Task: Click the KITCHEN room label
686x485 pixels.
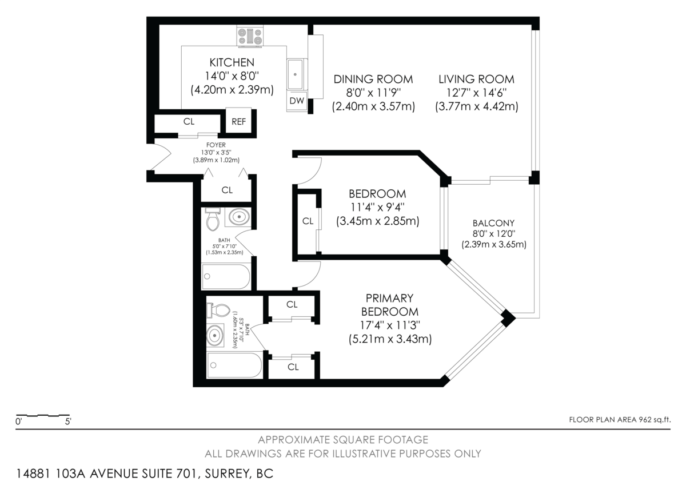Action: (232, 62)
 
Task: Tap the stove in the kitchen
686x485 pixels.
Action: (250, 37)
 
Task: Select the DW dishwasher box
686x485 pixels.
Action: (297, 101)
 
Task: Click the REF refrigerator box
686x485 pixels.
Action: (238, 122)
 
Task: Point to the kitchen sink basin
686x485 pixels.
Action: (295, 74)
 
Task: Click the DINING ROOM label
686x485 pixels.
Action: (373, 79)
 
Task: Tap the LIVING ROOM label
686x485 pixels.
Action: (476, 79)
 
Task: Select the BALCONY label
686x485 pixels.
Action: (493, 223)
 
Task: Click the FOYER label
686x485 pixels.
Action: (216, 145)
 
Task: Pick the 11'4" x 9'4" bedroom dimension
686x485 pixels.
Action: (377, 208)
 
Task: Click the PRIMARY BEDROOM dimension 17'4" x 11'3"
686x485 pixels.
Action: (390, 325)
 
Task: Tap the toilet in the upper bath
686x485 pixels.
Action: (213, 220)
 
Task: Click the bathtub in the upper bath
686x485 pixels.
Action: (226, 276)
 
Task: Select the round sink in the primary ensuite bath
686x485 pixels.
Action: (215, 336)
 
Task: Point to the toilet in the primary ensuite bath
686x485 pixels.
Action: (218, 311)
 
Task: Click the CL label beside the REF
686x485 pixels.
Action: (189, 122)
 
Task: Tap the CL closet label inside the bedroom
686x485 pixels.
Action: (308, 221)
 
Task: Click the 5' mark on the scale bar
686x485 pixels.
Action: (68, 422)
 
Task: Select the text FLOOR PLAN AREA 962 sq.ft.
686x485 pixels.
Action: (620, 420)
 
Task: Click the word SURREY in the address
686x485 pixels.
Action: (226, 474)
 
